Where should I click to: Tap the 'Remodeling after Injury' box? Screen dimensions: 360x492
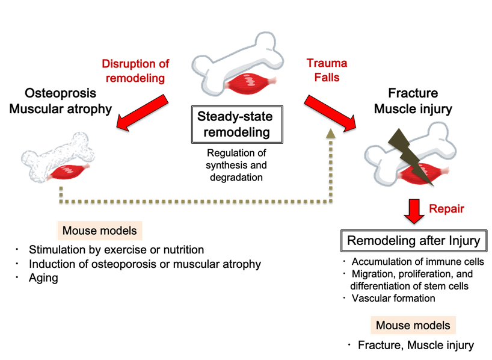414,241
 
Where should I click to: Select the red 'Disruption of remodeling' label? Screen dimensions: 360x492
135,70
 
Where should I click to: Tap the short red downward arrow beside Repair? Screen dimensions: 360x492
414,210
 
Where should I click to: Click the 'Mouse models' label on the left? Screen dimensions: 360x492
100,231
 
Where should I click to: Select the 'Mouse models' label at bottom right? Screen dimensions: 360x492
413,326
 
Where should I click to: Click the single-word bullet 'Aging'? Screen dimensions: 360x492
43,278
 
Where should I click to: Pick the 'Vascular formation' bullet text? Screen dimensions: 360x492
393,297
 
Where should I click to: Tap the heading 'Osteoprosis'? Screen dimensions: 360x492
61,94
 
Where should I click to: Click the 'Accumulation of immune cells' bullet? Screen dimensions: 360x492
417,262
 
